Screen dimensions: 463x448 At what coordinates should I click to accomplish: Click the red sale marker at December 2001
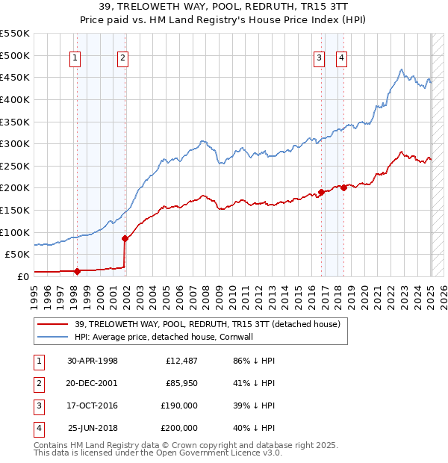pos(125,238)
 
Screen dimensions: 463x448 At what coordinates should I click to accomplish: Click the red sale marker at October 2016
pos(321,192)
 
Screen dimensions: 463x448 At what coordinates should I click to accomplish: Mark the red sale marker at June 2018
pos(343,187)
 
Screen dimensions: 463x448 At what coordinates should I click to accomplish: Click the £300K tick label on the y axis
pos(14,143)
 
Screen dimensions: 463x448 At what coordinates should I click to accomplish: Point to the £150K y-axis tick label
pos(14,210)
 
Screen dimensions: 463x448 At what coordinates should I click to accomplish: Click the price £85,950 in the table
pos(181,384)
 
